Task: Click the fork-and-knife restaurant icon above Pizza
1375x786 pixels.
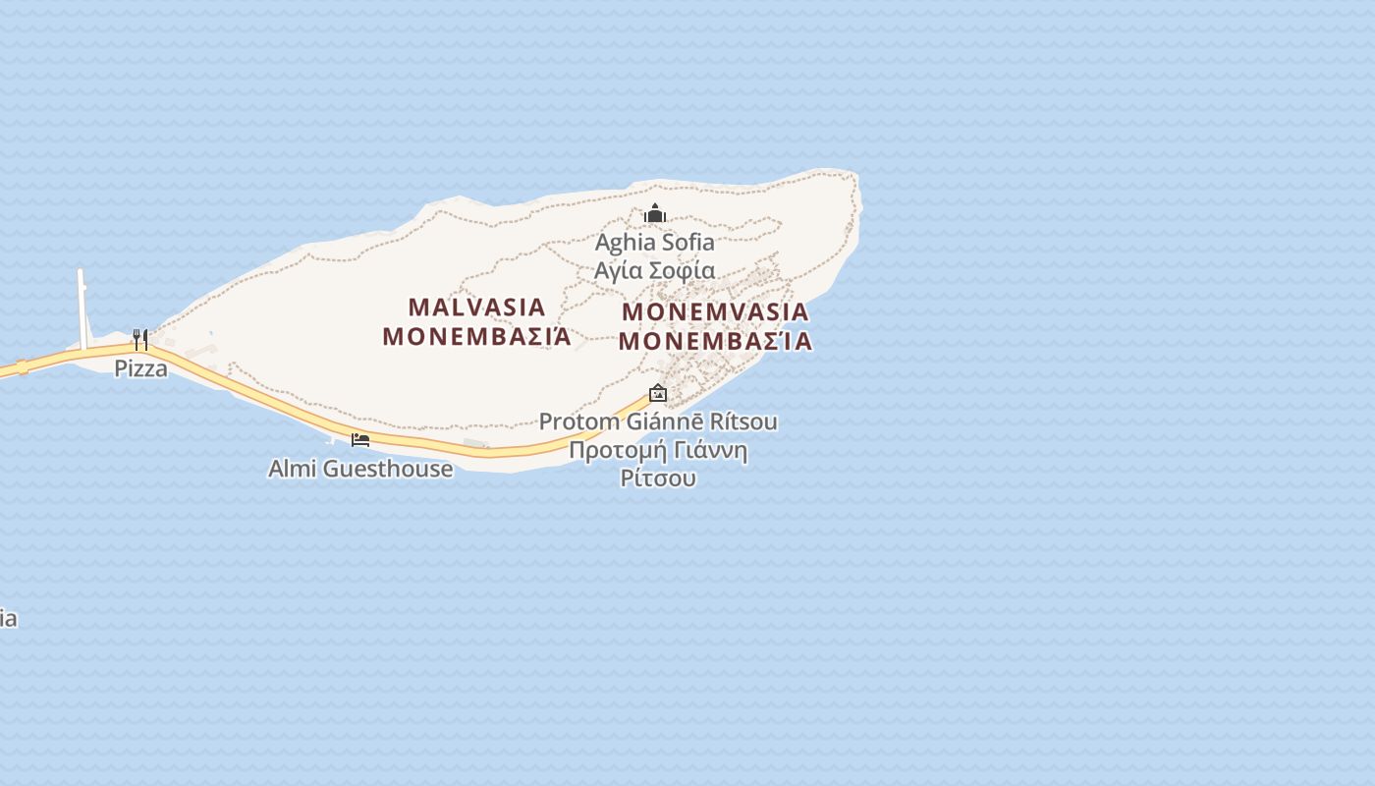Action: (x=140, y=340)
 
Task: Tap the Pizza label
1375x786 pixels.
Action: (x=140, y=368)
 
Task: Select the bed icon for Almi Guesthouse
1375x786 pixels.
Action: (x=360, y=439)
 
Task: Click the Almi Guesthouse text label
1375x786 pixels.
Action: (x=360, y=469)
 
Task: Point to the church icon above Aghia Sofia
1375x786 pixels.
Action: (x=655, y=213)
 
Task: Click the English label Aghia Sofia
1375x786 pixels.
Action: (x=655, y=242)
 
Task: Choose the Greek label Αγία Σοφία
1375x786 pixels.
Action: (x=655, y=269)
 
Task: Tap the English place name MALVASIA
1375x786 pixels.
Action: (x=476, y=307)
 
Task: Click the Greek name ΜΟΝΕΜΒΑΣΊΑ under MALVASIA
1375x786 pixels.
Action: (x=476, y=336)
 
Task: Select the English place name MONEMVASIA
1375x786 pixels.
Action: (x=716, y=311)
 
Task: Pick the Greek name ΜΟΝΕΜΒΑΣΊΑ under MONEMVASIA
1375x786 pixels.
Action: (x=716, y=341)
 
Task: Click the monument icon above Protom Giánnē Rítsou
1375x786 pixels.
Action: (x=658, y=394)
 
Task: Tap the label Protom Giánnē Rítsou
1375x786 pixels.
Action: (x=658, y=421)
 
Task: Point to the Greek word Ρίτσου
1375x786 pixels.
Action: (x=658, y=478)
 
